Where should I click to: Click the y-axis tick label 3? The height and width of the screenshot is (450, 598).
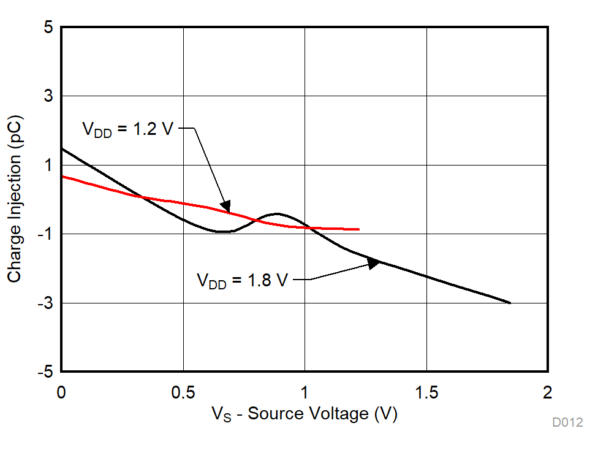47,96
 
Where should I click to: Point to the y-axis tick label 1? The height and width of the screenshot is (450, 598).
47,165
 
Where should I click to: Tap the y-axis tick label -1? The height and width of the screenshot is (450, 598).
44,234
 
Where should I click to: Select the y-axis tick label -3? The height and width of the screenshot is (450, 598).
44,303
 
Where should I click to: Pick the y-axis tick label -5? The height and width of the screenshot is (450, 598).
44,372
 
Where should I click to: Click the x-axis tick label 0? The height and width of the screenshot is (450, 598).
61,392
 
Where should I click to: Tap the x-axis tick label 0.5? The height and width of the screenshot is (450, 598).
183,392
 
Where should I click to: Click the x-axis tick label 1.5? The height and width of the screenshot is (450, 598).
426,392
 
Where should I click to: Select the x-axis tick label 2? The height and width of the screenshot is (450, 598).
548,392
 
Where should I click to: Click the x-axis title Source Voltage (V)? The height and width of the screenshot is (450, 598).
305,414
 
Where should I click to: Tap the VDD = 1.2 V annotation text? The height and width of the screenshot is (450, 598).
127,129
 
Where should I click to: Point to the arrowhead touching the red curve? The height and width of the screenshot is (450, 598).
225,207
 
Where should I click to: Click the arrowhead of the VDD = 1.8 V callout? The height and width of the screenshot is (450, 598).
374,263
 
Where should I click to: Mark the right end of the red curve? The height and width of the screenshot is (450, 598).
358,229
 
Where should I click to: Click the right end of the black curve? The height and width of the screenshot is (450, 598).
510,302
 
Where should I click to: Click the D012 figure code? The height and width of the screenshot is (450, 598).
567,422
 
